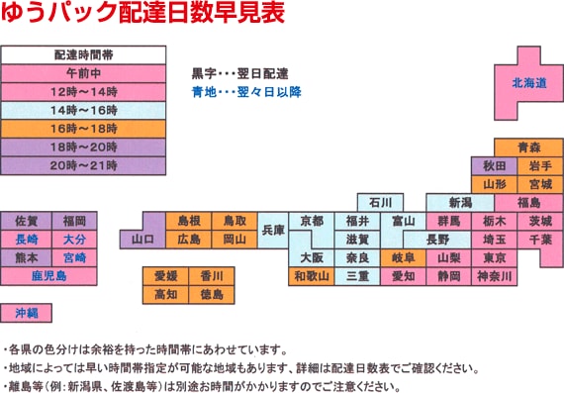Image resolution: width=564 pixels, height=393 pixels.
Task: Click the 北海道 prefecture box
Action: point(528,84)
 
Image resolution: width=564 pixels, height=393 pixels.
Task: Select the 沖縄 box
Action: point(27,313)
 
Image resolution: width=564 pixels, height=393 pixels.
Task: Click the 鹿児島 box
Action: point(47,275)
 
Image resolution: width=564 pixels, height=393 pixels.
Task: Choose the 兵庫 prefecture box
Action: point(273,230)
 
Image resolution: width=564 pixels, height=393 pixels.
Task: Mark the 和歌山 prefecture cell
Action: point(312,276)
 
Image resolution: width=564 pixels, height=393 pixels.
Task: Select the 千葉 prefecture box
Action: point(540,240)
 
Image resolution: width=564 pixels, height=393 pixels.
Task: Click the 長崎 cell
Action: point(28,240)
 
